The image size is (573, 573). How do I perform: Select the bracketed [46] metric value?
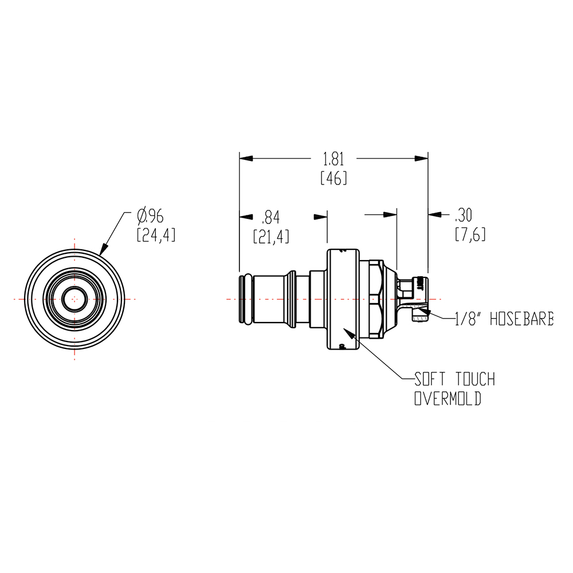(334, 178)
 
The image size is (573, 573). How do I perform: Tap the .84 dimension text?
(270, 217)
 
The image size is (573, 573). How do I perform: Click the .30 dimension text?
(464, 215)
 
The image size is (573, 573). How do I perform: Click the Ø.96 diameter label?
(151, 216)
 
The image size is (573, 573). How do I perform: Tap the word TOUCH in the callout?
(475, 379)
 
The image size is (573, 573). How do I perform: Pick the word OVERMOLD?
(448, 399)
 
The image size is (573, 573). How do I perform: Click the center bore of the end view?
(74, 299)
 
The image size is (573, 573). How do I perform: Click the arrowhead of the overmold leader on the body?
(346, 332)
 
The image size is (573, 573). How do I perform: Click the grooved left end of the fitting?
(245, 299)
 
